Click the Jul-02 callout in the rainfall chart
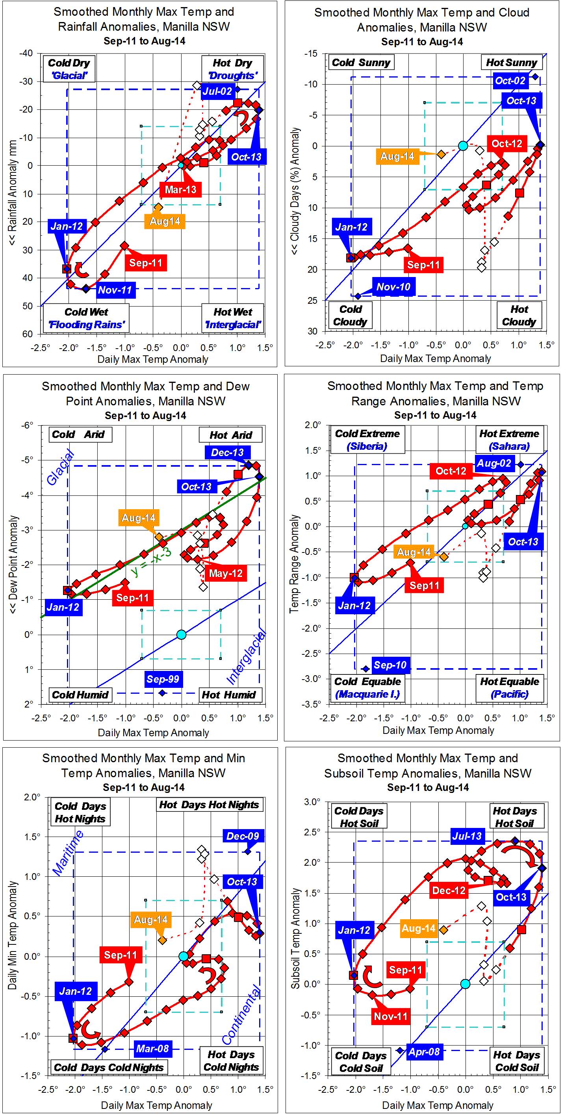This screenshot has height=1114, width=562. click(x=217, y=91)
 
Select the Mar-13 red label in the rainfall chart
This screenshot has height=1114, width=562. click(x=180, y=189)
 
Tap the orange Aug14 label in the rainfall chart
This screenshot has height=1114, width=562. click(x=165, y=222)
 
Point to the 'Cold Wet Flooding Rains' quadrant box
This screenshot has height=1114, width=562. click(x=86, y=318)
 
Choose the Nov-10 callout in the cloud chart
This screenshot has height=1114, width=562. click(x=393, y=287)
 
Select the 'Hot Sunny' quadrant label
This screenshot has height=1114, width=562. click(x=511, y=63)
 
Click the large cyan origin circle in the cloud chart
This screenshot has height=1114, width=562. click(x=463, y=146)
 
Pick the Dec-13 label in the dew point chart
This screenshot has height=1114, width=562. click(x=227, y=453)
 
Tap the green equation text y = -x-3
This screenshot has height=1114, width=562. click(x=151, y=562)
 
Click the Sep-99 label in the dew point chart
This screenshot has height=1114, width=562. click(x=163, y=679)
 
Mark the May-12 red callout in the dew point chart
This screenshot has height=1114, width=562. click(x=226, y=573)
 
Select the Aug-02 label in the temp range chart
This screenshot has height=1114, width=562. click(x=493, y=464)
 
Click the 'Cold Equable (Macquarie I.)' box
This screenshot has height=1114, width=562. click(x=367, y=688)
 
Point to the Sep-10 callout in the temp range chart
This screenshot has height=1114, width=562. click(x=390, y=665)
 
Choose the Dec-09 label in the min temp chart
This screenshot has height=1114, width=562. click(x=243, y=836)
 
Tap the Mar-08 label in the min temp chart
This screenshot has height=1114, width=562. click(x=152, y=1049)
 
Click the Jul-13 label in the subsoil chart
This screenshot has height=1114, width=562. click(x=466, y=836)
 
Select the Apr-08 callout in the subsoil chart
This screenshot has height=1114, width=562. click(x=424, y=1052)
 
